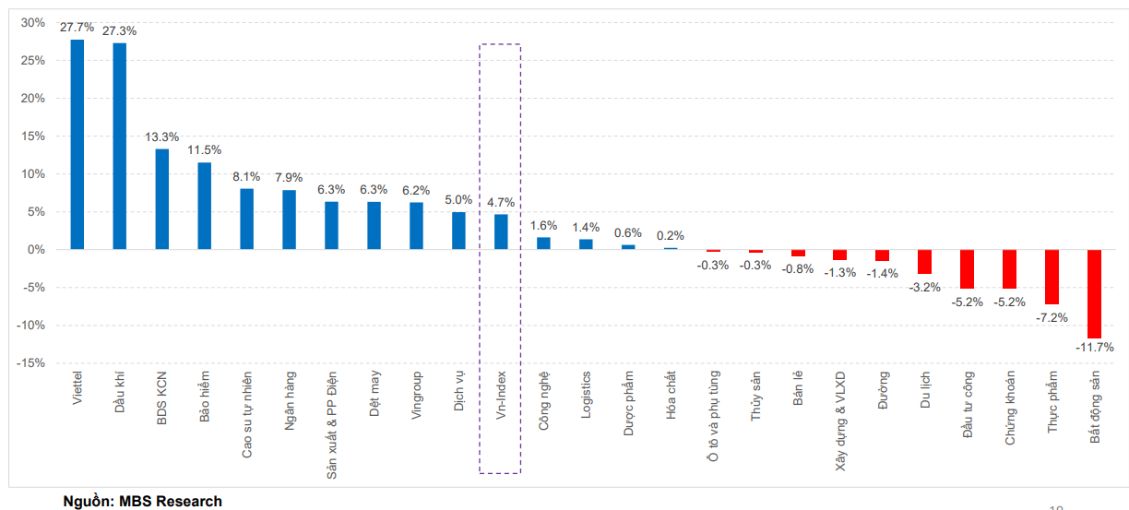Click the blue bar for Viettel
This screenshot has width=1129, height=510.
point(77,144)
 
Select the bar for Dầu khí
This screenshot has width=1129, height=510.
point(120,146)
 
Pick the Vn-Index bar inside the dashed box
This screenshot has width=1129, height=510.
point(501,231)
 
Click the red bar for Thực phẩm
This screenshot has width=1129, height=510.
point(1052,277)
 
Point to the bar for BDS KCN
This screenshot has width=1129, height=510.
point(162,198)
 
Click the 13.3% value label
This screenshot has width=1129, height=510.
point(162,136)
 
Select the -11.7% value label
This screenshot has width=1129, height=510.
point(1094,348)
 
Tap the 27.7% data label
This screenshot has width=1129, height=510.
point(77,28)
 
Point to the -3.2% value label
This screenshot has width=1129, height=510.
point(924,287)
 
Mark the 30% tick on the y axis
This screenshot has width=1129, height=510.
point(33,22)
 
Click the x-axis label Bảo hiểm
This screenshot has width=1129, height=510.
point(205,397)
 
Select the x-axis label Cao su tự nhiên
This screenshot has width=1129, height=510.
point(247,414)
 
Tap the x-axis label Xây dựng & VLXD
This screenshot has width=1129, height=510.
point(840,421)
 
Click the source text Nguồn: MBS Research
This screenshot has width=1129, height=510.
point(142,502)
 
